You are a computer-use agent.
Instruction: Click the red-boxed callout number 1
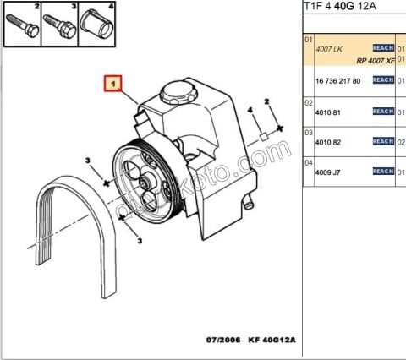112,85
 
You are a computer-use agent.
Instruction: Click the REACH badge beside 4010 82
383,141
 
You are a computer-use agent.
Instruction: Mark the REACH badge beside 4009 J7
383,172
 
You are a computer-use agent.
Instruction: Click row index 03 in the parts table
309,133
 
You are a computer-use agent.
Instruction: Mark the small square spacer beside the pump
264,134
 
